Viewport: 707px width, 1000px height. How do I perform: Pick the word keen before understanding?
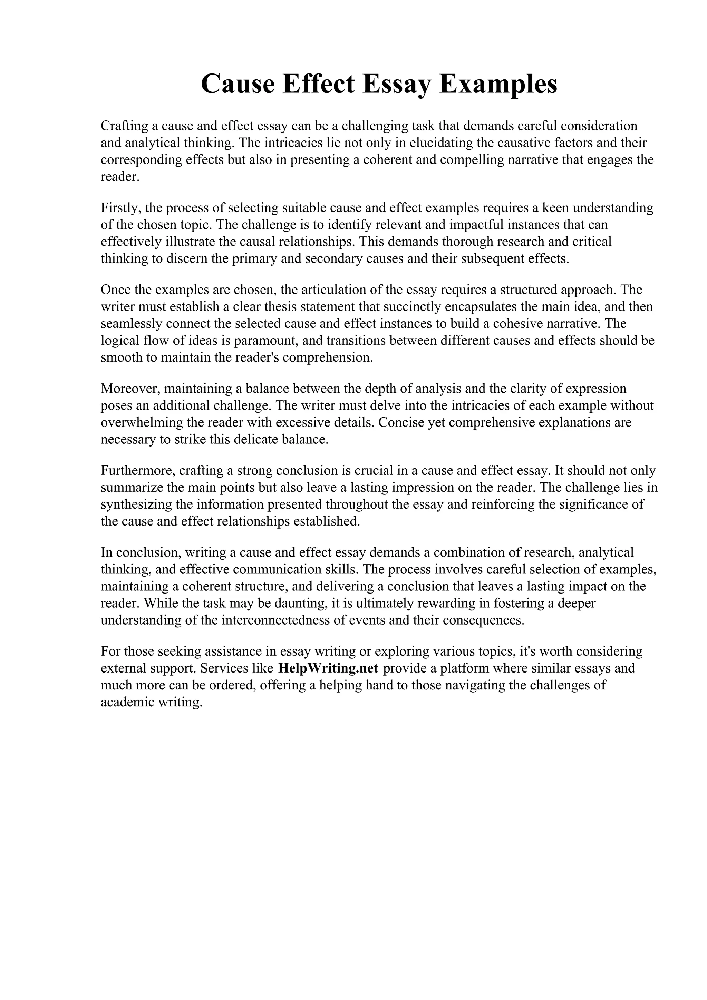tap(555, 208)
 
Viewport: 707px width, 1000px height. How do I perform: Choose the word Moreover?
tap(130, 388)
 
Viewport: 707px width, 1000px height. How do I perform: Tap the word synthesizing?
tap(136, 504)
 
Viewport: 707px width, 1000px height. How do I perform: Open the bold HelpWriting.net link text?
tap(328, 668)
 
